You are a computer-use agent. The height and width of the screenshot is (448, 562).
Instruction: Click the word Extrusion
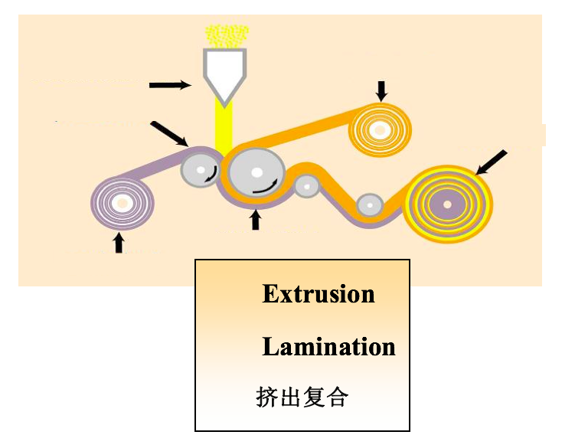319,294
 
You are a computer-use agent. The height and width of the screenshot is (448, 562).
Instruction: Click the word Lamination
328,347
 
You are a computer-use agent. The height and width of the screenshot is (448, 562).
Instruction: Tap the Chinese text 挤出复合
302,397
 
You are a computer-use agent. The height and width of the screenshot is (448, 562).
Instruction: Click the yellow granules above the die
227,36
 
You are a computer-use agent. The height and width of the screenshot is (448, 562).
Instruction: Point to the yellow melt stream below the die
224,127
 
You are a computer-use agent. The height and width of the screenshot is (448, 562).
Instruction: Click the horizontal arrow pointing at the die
170,85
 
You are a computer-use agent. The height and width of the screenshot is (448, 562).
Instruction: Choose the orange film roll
381,130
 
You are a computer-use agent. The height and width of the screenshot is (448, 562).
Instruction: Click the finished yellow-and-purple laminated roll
448,204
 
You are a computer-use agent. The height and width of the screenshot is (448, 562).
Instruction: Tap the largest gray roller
256,173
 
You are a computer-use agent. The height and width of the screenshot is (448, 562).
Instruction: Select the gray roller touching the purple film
200,170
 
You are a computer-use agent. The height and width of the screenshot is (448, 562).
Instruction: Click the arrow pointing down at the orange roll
381,91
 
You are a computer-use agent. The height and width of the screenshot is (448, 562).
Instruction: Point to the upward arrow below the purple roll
119,243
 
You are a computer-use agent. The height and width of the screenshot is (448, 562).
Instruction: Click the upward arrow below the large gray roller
255,220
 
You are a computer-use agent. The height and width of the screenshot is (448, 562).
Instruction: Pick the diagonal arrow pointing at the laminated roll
491,162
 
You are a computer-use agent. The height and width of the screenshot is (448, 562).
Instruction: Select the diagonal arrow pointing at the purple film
169,134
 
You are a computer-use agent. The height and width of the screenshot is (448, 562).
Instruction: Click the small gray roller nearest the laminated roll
370,205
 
